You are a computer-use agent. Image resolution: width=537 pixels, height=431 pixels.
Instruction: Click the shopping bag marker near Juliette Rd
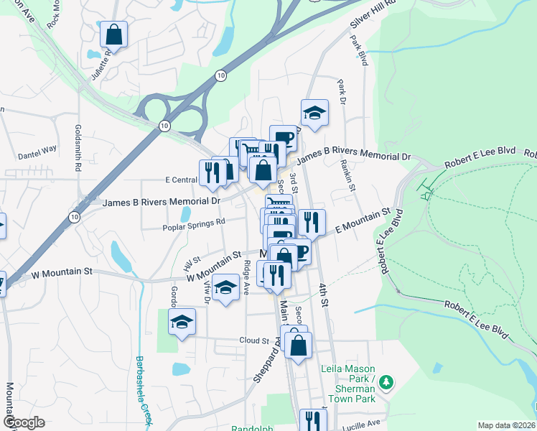coord(113,34)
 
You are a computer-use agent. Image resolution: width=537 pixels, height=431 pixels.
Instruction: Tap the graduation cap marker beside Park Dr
coord(314,113)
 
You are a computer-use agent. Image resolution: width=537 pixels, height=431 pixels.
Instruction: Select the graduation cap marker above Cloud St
coord(182,323)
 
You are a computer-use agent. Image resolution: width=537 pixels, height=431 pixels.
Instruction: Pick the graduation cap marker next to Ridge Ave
coord(226,289)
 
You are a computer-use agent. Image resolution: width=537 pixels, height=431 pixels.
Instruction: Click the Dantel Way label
coord(37,150)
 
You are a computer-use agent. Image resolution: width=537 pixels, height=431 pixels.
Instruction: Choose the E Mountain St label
coord(362,221)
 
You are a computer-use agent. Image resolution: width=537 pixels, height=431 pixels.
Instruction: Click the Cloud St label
coord(254,340)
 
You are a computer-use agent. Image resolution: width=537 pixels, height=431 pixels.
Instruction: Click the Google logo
coord(24,422)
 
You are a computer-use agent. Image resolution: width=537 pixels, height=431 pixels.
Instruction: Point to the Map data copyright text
coord(505,425)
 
